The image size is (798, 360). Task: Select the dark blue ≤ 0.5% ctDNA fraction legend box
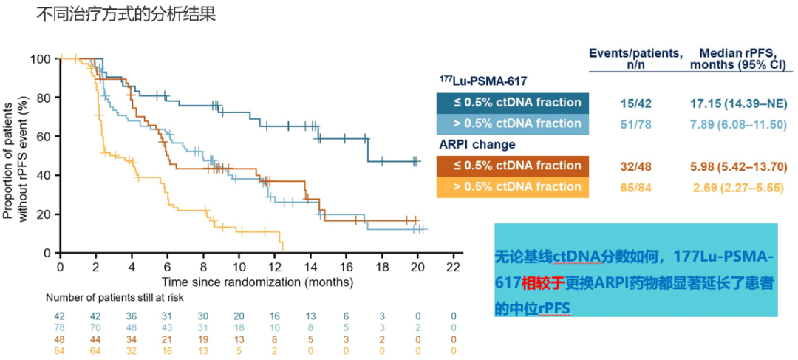coord(509,102)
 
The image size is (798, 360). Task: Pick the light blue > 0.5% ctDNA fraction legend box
coord(509,123)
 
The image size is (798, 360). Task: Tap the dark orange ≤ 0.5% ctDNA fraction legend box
coord(509,166)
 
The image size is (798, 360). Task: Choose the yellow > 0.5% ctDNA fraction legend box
coord(509,187)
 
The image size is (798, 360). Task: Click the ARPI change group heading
coord(477,144)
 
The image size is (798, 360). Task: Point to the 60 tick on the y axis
coord(44,137)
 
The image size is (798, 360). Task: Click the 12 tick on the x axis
coord(275,266)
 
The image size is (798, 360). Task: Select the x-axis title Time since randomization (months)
coord(258,282)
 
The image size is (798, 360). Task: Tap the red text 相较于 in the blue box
coord(544,282)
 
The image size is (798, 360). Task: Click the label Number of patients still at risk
coord(115,298)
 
